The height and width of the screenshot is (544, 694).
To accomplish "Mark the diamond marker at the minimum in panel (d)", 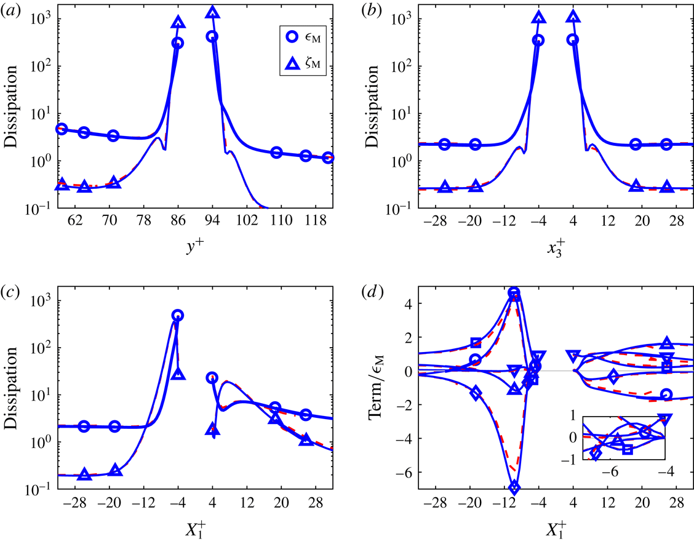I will pos(514,488).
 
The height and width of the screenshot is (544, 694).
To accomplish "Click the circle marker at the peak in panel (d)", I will pos(514,293).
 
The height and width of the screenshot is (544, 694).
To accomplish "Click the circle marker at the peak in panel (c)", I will pos(177,316).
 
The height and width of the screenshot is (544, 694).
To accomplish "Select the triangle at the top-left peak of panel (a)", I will pos(178,23).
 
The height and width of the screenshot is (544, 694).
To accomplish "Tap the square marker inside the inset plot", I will pos(628,449).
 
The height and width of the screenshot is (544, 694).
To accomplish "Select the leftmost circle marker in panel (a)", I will pos(62,129).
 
